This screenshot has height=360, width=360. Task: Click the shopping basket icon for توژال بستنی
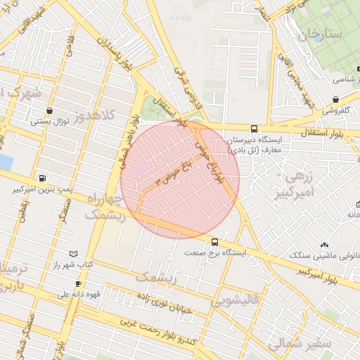click(49, 110)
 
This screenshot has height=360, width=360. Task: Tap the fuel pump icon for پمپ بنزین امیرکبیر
click(44, 179)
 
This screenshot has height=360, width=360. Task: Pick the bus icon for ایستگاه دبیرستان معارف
click(254, 129)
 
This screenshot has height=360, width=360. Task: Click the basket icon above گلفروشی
click(336, 99)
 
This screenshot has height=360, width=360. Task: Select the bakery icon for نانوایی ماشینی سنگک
click(324, 246)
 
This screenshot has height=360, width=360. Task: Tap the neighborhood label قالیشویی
click(235, 301)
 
